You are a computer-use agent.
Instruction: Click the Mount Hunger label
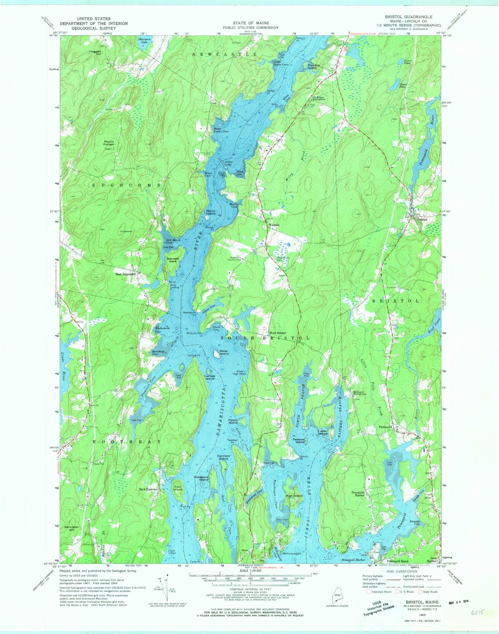coord(109,143)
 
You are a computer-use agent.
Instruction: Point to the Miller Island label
coord(224,352)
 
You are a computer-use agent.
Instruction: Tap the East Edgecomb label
coord(126,274)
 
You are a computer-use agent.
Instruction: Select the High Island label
coord(294,496)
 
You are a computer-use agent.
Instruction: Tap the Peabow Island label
coord(299,441)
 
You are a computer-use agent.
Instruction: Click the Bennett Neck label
coord(173,260)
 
